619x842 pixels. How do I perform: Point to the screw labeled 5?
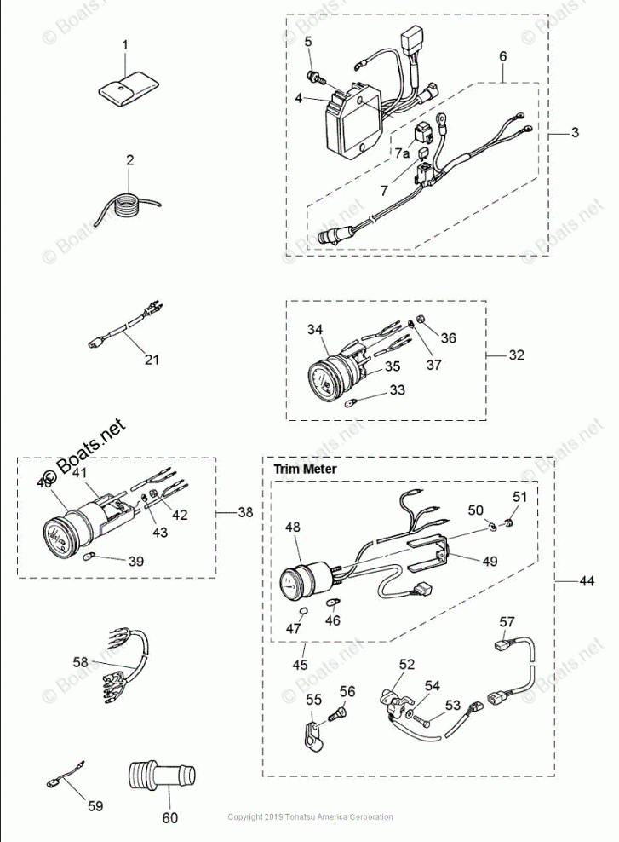coord(316,77)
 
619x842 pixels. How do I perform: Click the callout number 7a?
coord(402,153)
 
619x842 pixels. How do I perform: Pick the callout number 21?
coord(152,360)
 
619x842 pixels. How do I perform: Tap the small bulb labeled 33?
coord(350,401)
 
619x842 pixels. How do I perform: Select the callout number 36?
coord(448,338)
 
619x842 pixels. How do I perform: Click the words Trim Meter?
coord(305,469)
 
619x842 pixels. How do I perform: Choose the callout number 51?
coord(519,497)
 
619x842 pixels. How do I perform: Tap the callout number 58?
coord(79,661)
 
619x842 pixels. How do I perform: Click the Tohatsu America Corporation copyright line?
coord(310,817)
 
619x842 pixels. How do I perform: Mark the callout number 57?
coord(507,620)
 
